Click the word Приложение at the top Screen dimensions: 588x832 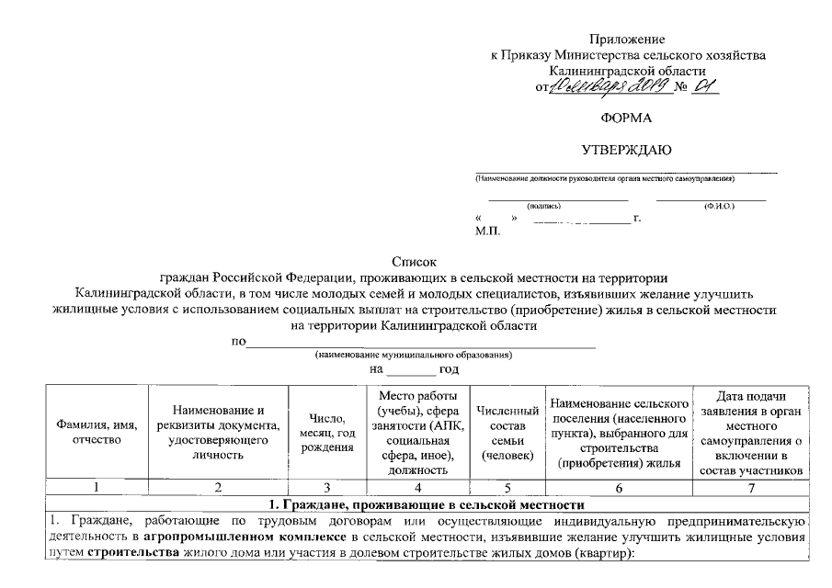(627, 40)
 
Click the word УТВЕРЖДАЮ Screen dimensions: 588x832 (627, 149)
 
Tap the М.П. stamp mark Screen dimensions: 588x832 (487, 232)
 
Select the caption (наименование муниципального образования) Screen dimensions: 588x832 (413, 355)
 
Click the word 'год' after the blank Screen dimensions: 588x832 (449, 369)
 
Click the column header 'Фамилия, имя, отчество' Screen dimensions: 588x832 (97, 433)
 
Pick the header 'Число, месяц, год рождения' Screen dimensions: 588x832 (326, 433)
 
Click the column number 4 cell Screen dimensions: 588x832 (417, 488)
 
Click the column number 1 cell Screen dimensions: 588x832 (97, 488)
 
